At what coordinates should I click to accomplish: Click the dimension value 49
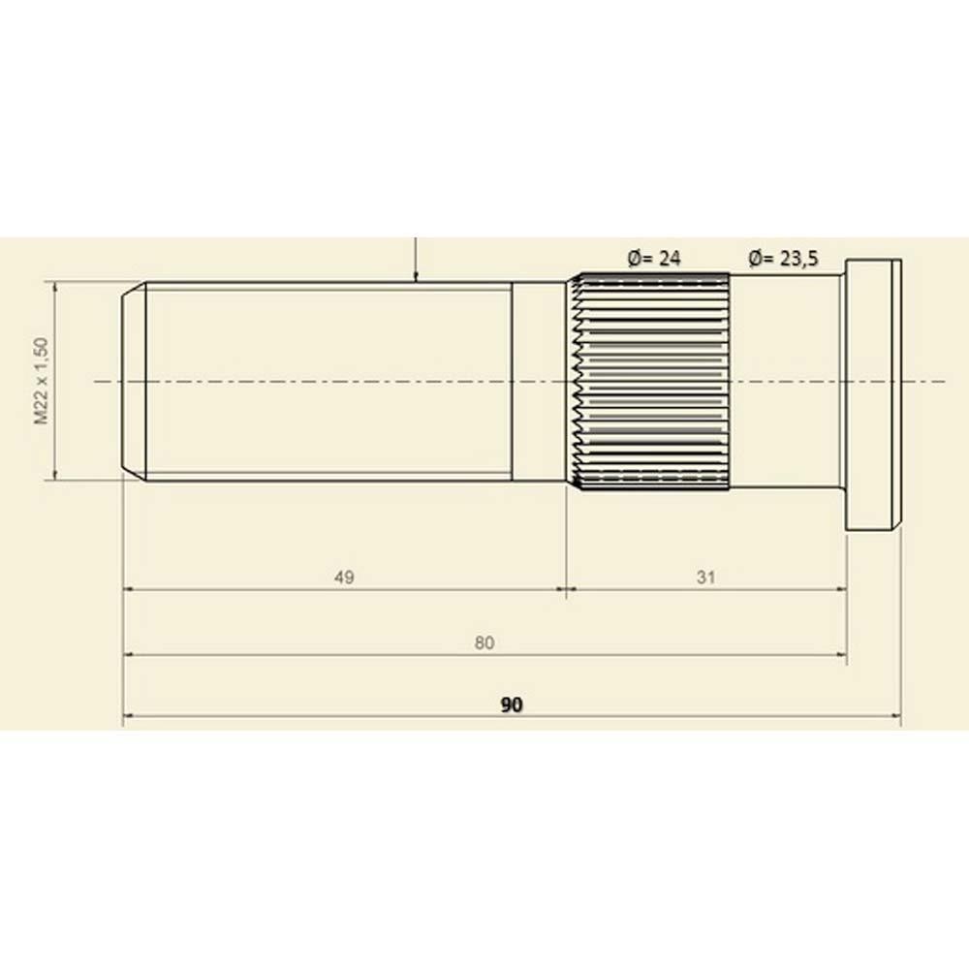pos(344,578)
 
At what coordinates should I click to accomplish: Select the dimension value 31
pos(705,578)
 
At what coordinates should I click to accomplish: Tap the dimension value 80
pos(484,642)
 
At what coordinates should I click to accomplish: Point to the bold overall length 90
pos(512,704)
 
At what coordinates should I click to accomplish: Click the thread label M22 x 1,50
pos(42,381)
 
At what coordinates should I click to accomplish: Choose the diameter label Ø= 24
pos(654,259)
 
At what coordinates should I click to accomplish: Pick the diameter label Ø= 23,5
pos(784,259)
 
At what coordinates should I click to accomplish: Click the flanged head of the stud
pos(873,394)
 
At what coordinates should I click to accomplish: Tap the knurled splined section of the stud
pos(649,381)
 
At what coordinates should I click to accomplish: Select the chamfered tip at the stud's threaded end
pos(134,381)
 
